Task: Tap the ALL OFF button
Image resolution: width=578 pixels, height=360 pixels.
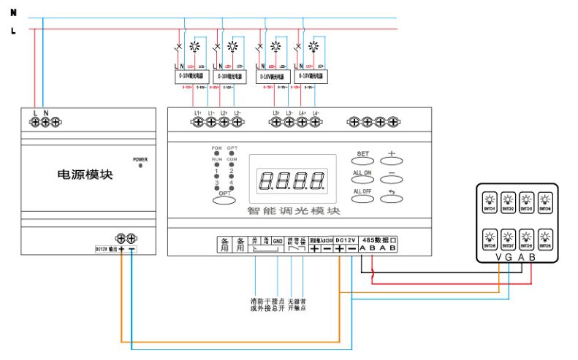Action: (x=363, y=196)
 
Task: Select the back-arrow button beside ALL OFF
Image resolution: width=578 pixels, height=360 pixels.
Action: (x=391, y=196)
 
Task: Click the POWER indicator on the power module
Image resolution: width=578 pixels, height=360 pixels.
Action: (x=140, y=166)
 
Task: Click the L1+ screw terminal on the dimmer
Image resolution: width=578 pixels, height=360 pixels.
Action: (x=197, y=123)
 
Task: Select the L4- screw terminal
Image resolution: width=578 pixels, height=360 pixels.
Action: (x=316, y=123)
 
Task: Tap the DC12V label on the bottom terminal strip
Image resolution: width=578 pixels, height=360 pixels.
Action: (x=346, y=240)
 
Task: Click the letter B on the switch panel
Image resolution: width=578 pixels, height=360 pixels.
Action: (x=532, y=256)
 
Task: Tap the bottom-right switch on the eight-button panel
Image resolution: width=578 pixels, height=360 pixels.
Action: (x=544, y=237)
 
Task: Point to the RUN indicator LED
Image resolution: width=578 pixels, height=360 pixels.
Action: (x=217, y=165)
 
